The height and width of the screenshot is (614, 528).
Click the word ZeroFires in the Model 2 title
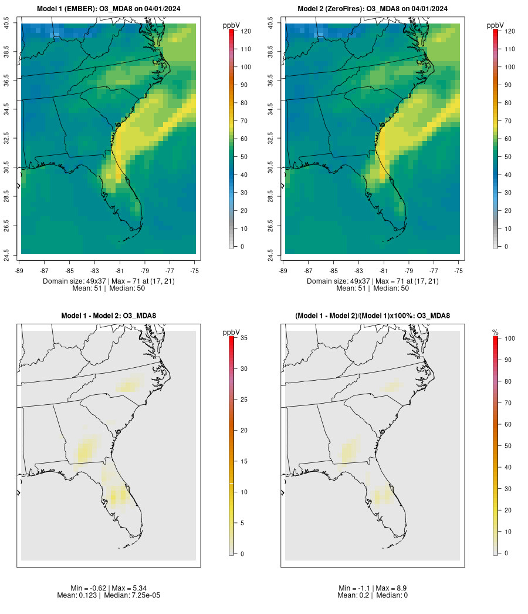pos(347,8)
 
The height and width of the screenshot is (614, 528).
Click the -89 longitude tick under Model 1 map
pos(21,270)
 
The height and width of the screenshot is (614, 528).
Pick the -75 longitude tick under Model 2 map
pos(458,270)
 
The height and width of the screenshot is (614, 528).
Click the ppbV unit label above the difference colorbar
pos(232,333)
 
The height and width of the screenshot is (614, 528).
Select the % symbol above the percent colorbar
pos(495,333)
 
